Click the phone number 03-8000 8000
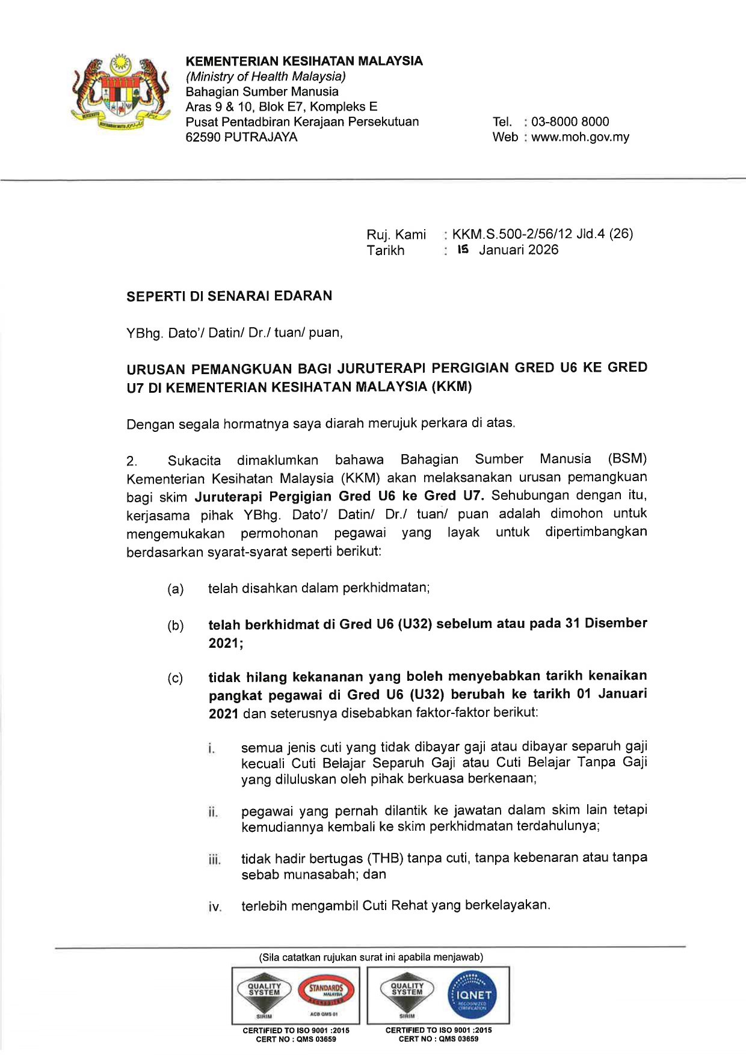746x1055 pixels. (570, 121)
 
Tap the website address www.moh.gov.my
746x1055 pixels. (580, 137)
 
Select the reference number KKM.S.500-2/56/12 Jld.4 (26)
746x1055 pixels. (542, 234)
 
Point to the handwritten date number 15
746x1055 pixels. (463, 250)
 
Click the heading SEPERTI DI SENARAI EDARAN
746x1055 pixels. (229, 296)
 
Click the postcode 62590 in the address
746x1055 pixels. (203, 137)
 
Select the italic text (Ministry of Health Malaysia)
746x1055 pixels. (265, 76)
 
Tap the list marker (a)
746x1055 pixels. (175, 589)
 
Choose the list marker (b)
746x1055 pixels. (175, 626)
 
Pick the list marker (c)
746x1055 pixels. (175, 678)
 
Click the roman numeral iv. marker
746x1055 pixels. (215, 907)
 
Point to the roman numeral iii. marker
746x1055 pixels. (215, 860)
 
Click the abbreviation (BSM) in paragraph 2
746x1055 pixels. (627, 459)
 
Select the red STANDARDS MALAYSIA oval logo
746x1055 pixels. (325, 990)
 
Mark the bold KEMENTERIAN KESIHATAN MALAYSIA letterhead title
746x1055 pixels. (304, 61)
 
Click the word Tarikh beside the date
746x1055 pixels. (386, 250)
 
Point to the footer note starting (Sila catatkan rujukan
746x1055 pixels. (371, 957)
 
